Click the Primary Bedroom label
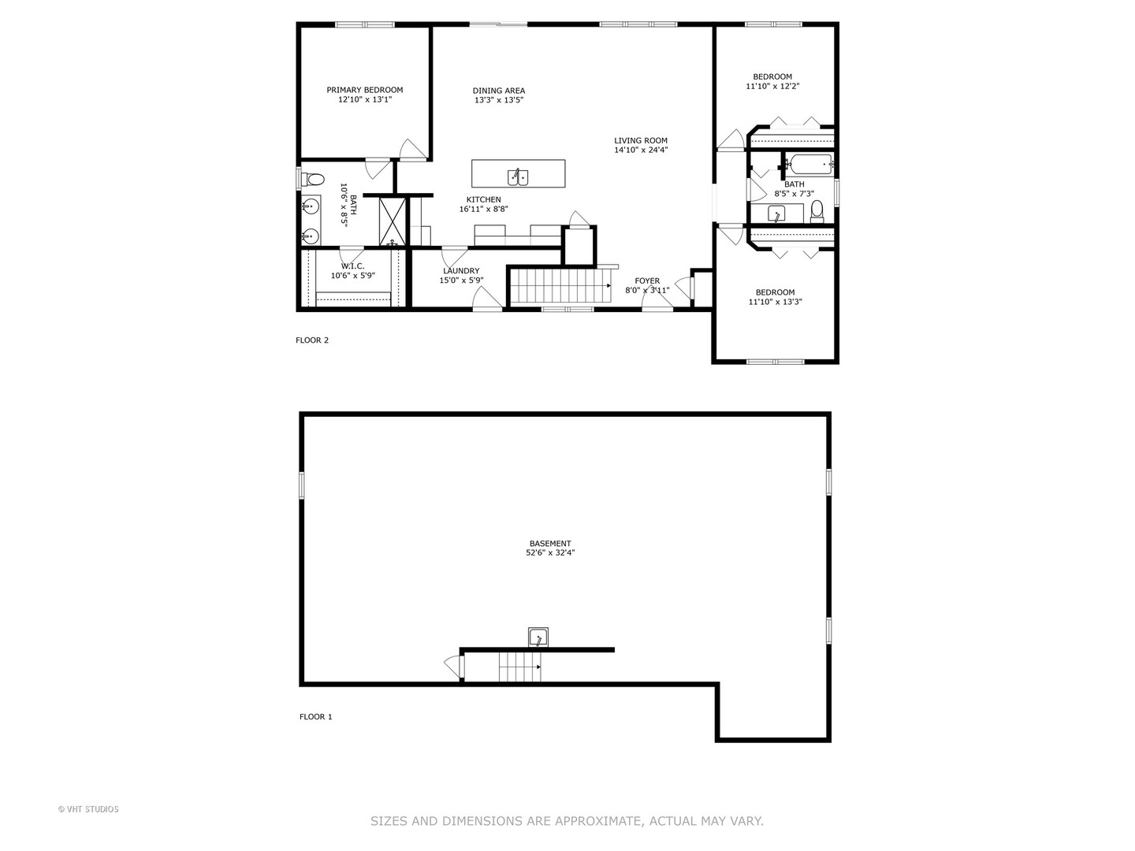pos(364,90)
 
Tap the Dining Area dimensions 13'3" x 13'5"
pos(498,101)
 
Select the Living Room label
pos(640,141)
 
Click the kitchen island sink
pos(518,175)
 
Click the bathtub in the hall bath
pos(809,165)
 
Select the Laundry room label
pos(460,271)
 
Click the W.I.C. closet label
pos(352,266)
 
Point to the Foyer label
pos(647,281)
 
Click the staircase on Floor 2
pos(559,285)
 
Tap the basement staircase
pos(519,667)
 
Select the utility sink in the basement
pos(538,637)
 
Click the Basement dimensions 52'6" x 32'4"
pos(550,553)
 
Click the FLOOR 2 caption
pos(311,340)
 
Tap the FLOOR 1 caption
pos(315,717)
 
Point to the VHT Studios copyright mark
pos(88,809)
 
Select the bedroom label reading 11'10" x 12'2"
pos(772,87)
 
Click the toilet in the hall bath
pos(817,210)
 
